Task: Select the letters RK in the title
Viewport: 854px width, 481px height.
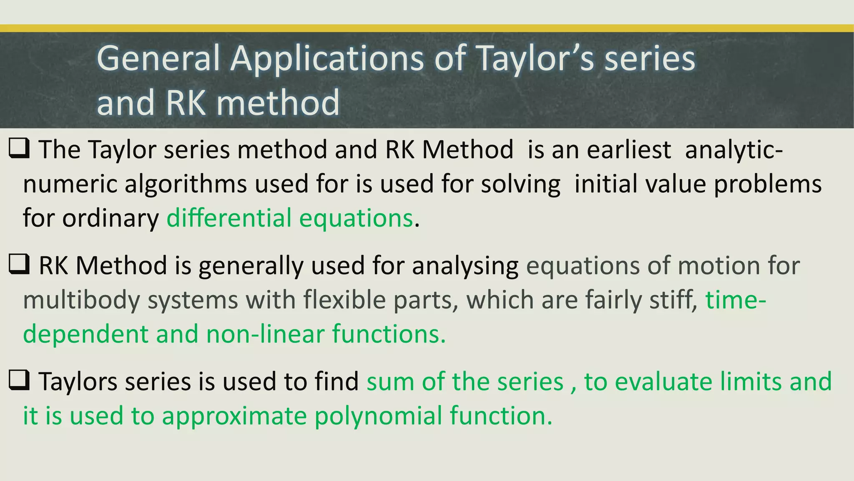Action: [x=186, y=103]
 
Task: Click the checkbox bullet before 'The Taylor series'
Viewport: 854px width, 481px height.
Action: [x=19, y=149]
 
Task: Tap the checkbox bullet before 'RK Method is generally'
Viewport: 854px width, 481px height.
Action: [x=19, y=265]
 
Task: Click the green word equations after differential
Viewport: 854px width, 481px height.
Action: [x=356, y=218]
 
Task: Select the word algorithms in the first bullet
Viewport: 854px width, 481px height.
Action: [x=186, y=184]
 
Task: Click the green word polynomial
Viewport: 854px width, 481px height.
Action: [x=378, y=416]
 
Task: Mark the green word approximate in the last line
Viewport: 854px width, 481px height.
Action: [x=234, y=416]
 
